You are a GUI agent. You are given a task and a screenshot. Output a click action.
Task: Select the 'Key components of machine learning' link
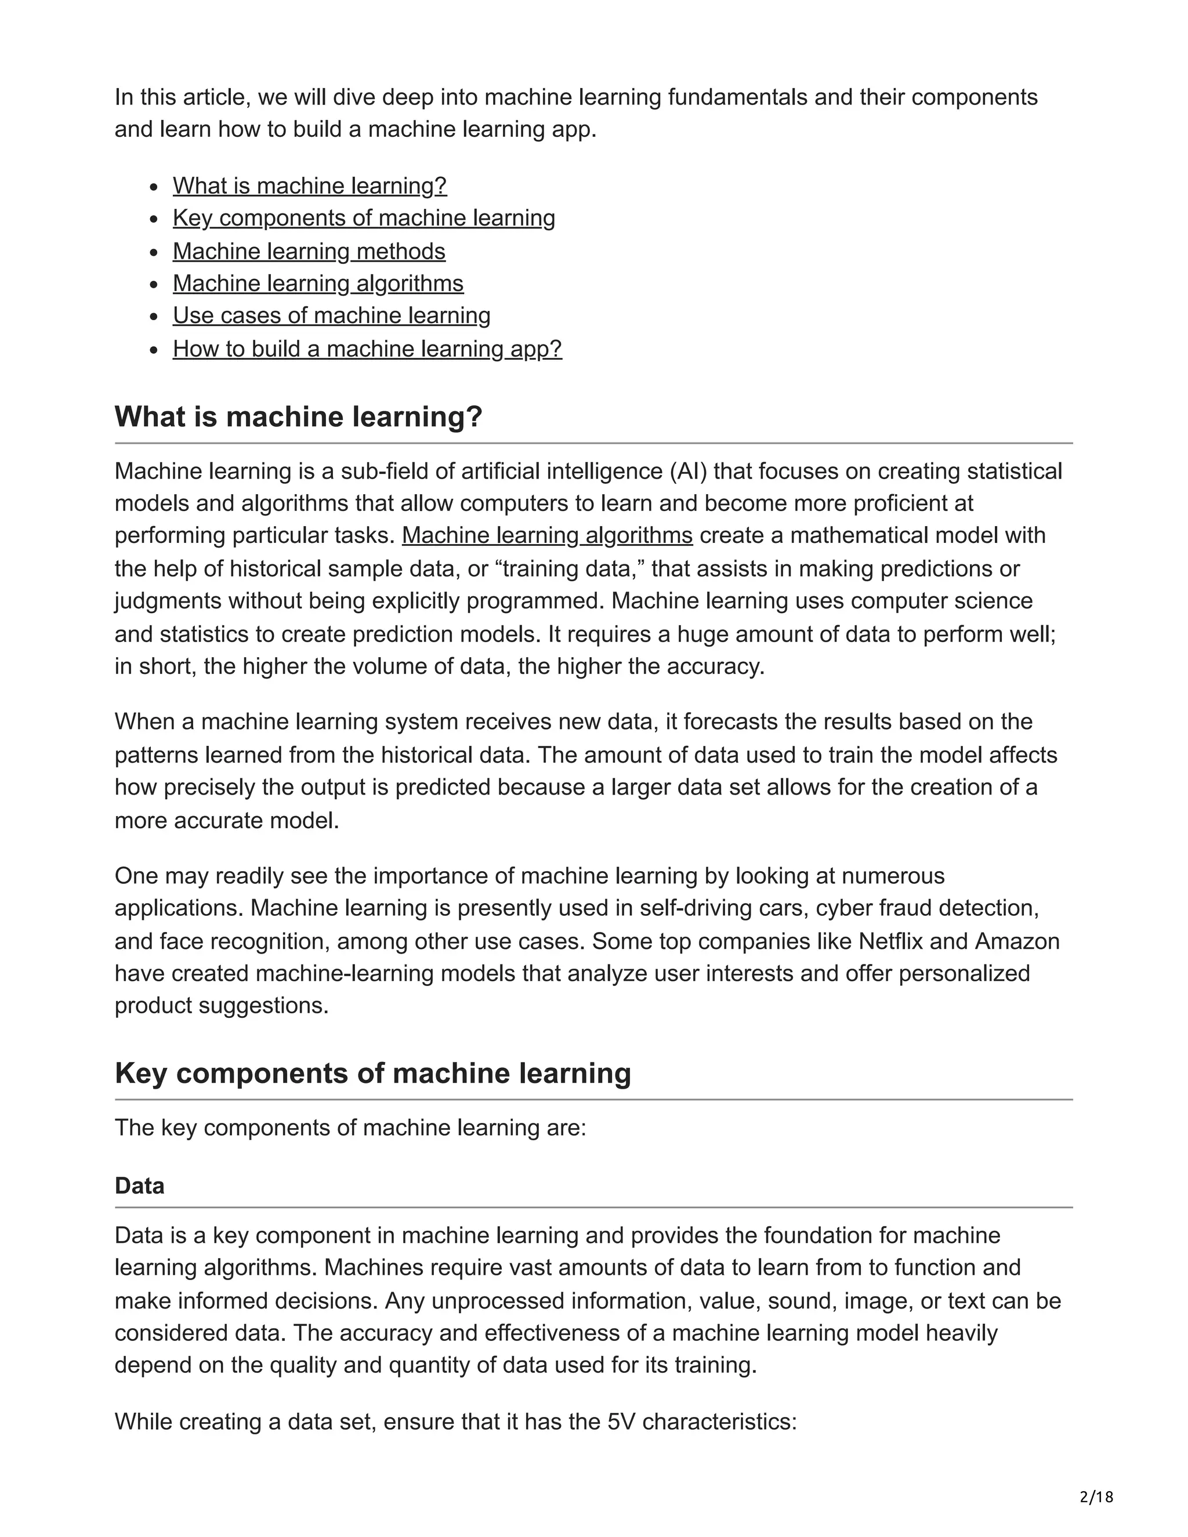(x=364, y=218)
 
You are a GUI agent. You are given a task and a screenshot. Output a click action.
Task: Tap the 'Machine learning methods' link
(x=309, y=251)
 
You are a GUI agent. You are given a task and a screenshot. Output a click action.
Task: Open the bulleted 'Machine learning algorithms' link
(x=318, y=284)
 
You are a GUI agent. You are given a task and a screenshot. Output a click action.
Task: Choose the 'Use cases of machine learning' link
(x=331, y=316)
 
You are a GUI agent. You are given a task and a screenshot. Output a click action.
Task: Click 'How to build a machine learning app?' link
(x=367, y=349)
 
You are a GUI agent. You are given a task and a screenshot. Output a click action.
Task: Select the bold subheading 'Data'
(x=139, y=1186)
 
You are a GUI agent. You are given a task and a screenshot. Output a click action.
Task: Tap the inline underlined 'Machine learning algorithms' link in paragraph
(x=547, y=535)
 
